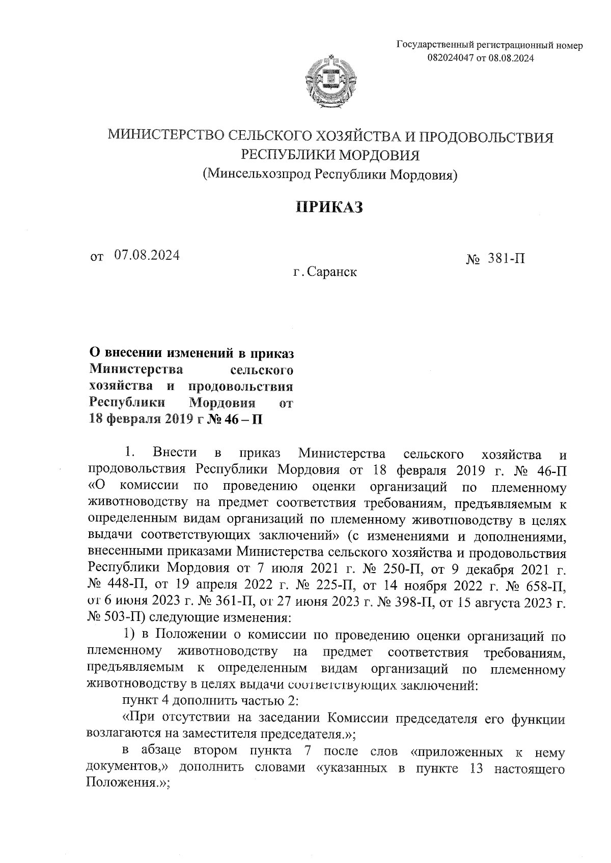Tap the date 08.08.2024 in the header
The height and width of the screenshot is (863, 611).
[x=511, y=58]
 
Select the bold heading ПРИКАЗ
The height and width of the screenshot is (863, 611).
[x=329, y=207]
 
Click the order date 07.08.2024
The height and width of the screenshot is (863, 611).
[x=147, y=255]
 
